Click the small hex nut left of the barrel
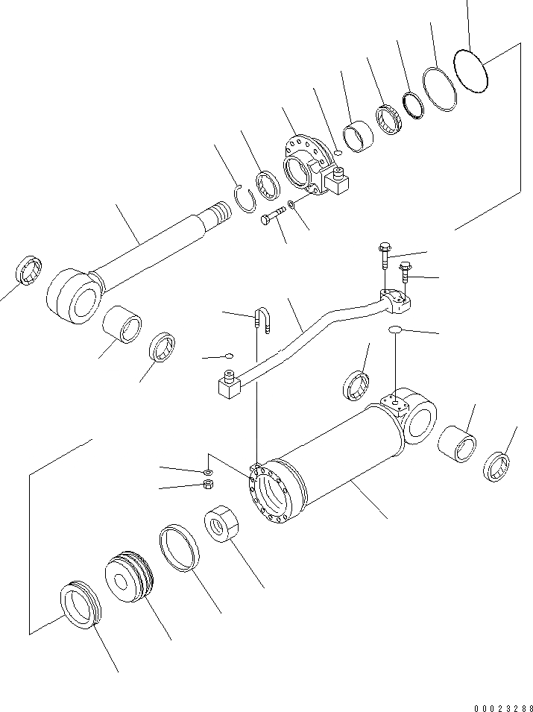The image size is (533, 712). (x=209, y=485)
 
